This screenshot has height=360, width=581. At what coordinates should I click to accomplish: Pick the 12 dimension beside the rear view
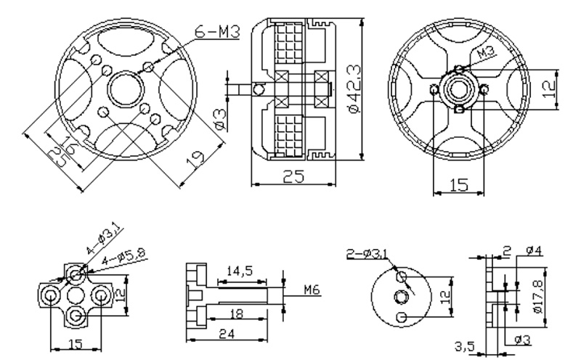coord(550,88)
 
